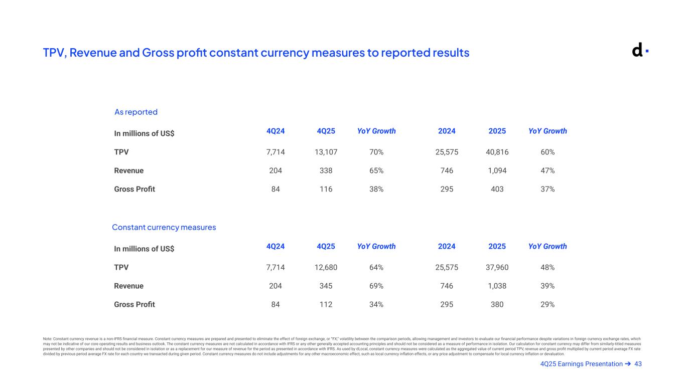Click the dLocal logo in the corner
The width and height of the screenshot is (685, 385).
[x=639, y=50]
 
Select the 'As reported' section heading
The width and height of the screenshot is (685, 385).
[x=136, y=112]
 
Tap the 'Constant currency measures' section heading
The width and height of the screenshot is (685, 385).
[x=164, y=227]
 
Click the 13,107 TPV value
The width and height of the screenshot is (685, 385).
[x=326, y=152]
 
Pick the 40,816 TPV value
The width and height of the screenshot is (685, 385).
[x=497, y=152]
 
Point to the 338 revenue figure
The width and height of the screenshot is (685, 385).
[x=326, y=170]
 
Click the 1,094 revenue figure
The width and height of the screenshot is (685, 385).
[x=497, y=170]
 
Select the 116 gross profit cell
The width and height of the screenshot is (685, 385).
[x=326, y=189]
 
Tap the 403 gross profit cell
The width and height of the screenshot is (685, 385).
[x=497, y=189]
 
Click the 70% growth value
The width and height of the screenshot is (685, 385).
[x=376, y=152]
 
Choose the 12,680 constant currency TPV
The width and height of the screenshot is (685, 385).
[x=326, y=267]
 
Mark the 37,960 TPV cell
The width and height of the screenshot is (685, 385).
[x=497, y=267]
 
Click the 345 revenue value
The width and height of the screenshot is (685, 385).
[x=326, y=286]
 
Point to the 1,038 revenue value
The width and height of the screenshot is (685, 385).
[x=497, y=286]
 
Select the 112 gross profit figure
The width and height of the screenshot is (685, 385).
[x=326, y=304]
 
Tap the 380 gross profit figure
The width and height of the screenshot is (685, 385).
[x=497, y=304]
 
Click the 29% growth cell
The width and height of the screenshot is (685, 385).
[x=547, y=304]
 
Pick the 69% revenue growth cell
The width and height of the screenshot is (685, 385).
[x=376, y=286]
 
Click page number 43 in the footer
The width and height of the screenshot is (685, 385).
[x=638, y=364]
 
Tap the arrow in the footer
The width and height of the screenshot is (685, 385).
[x=628, y=364]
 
